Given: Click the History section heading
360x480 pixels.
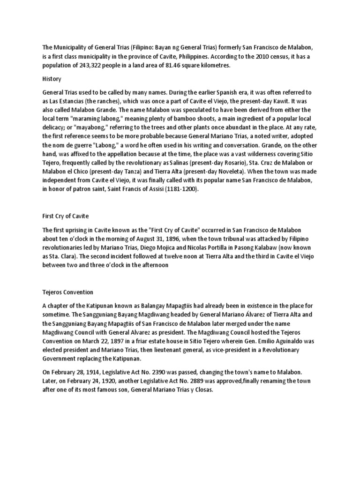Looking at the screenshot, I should (x=52, y=79).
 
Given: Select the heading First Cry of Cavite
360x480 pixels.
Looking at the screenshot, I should (x=65, y=216).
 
